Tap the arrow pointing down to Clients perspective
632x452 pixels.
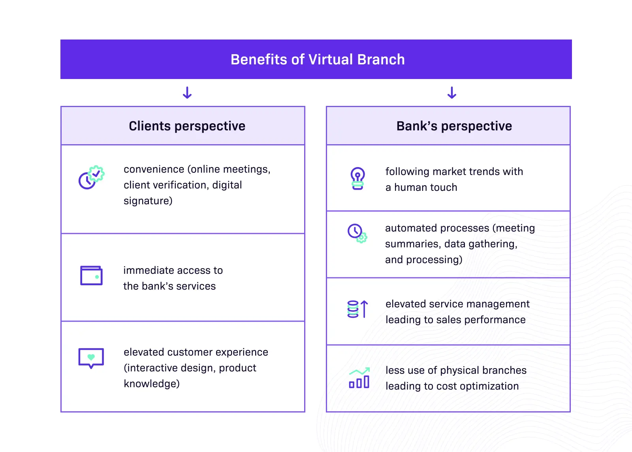coord(187,93)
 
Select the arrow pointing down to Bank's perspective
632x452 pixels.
coord(452,93)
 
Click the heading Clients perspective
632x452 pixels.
coord(187,126)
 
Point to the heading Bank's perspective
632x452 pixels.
coord(454,126)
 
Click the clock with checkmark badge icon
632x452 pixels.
coord(91,177)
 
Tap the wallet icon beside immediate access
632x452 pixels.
coord(91,275)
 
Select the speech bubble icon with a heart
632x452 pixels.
coord(91,358)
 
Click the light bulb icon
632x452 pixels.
coord(357,179)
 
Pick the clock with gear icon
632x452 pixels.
coord(357,233)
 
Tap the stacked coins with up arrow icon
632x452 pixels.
coord(358,309)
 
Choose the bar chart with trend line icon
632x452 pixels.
coord(359,378)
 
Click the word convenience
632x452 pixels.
coord(154,169)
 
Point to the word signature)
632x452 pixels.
coord(148,201)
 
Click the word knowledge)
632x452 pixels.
coord(151,384)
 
